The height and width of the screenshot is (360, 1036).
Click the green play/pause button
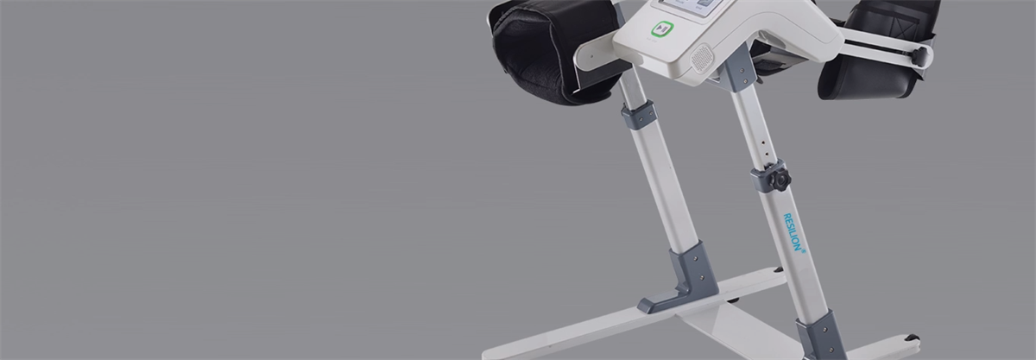662,28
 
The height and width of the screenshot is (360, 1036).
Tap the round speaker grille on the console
702,59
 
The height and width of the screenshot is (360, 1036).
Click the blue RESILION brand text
793,232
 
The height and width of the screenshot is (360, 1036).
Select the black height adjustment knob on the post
780,179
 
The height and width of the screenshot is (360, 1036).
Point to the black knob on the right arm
919,56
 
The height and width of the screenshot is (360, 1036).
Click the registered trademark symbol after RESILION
804,251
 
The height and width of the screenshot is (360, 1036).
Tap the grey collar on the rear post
639,115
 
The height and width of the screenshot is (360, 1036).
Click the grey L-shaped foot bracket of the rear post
681,279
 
